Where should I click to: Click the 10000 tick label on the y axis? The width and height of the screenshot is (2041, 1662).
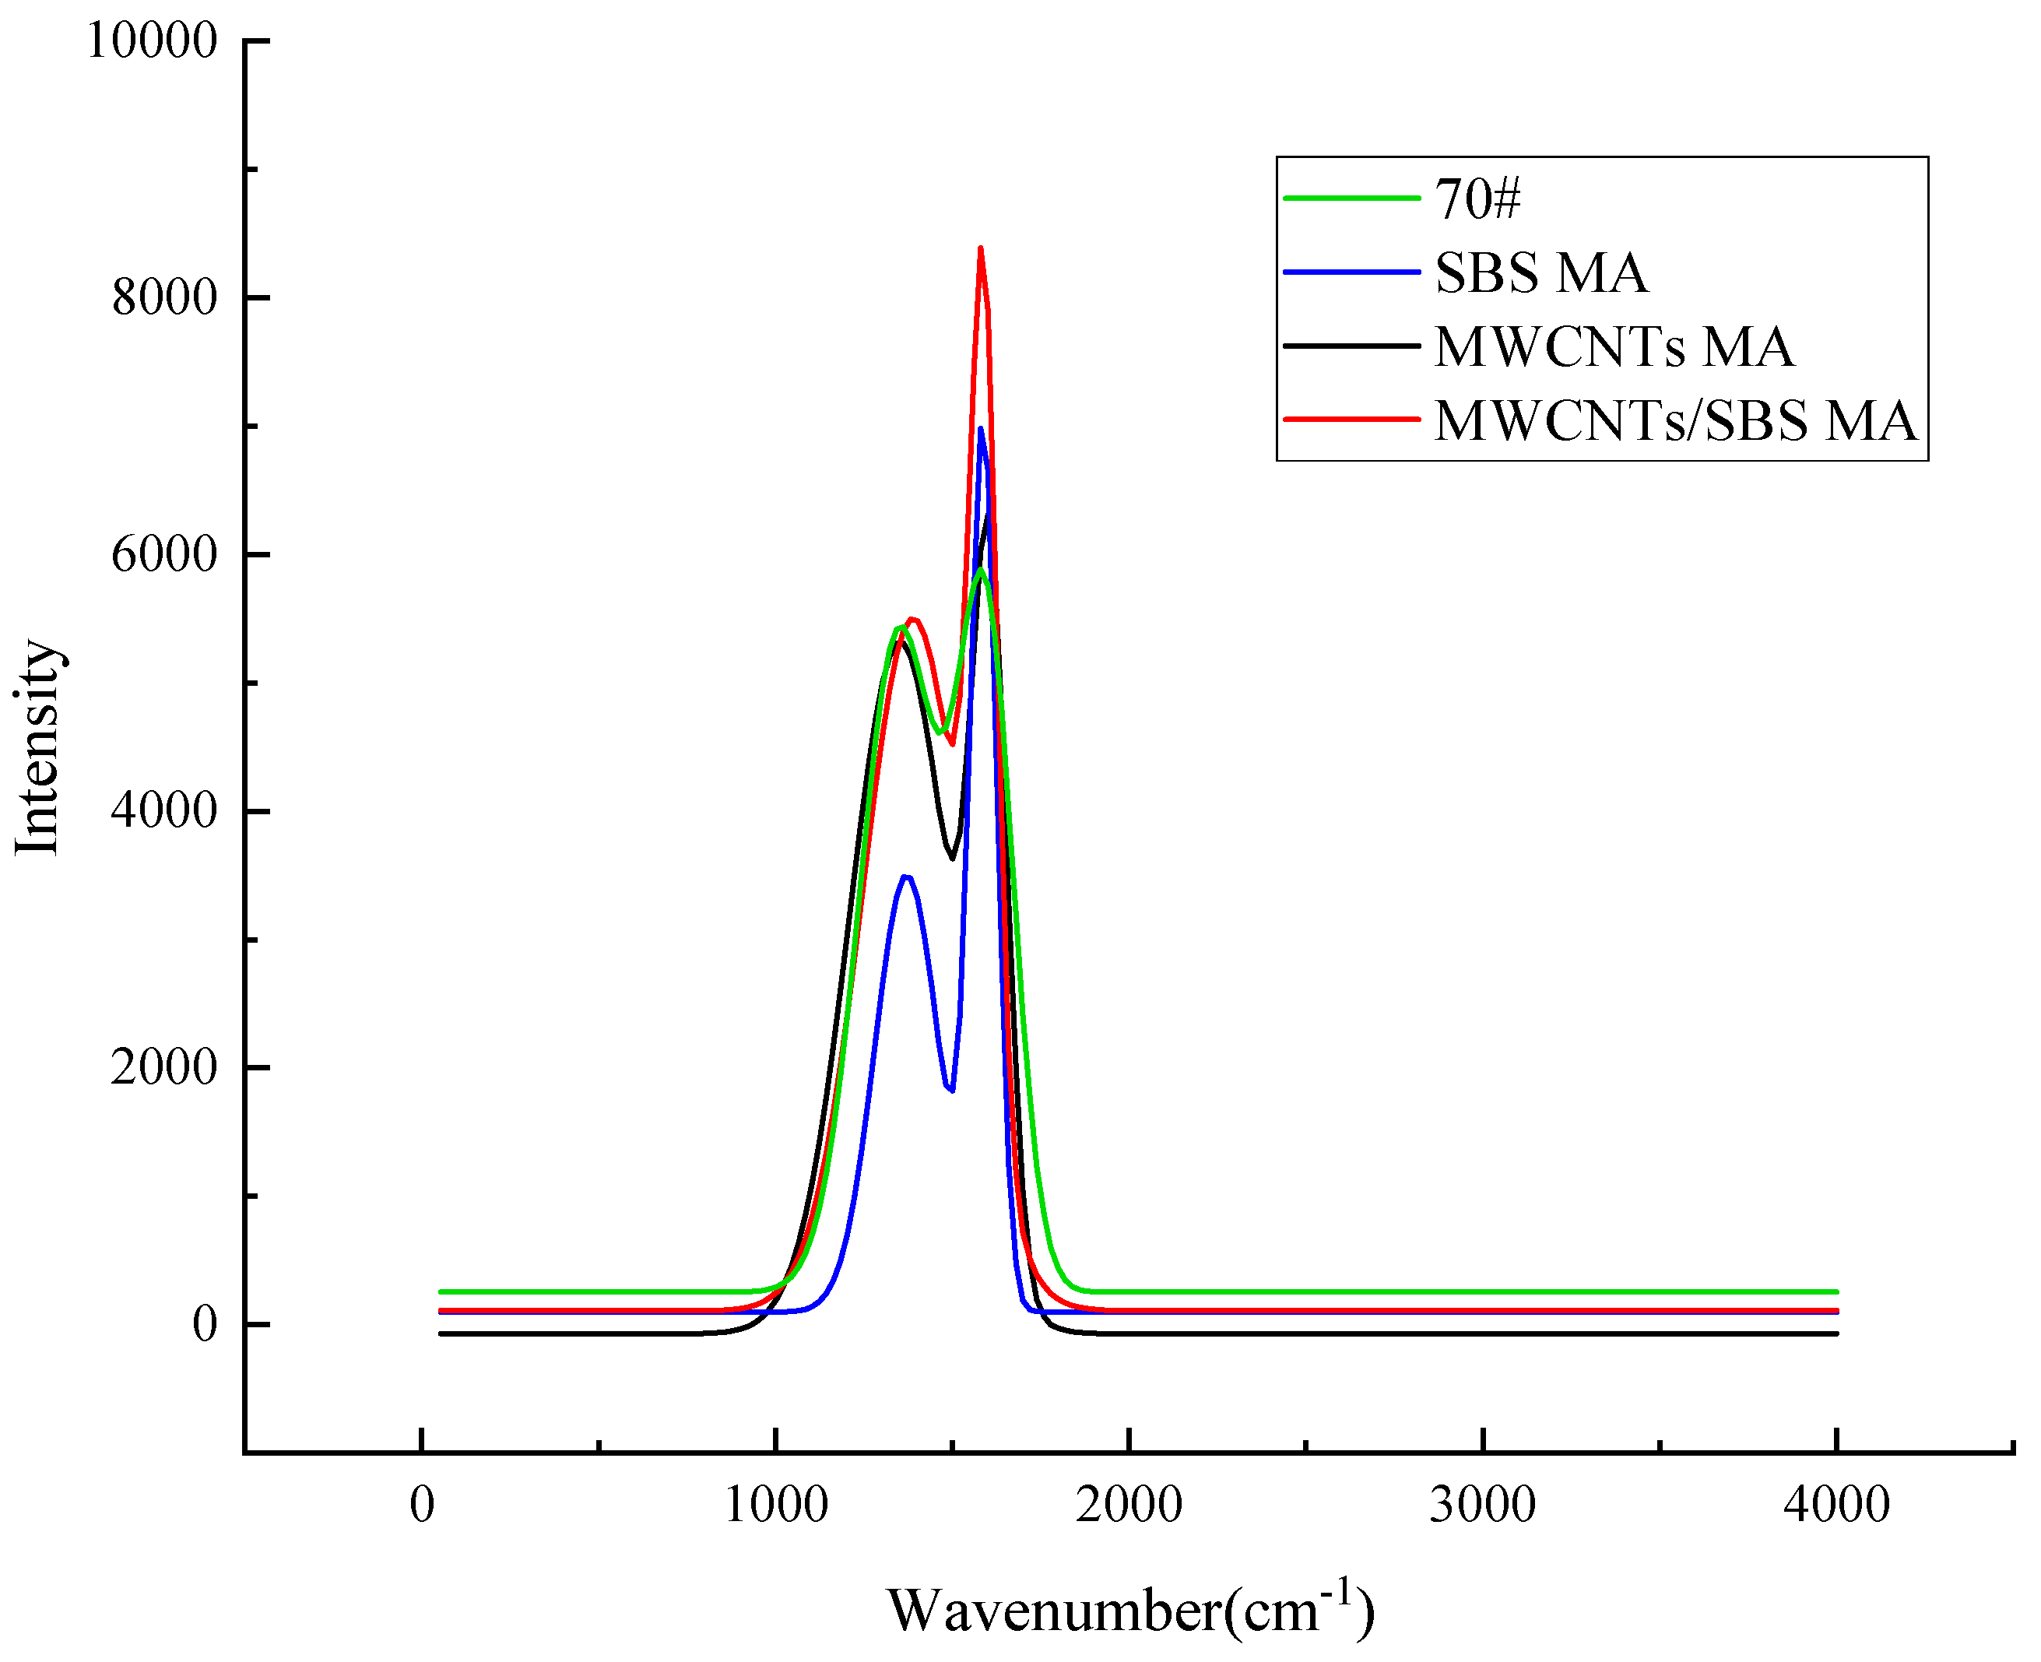point(151,41)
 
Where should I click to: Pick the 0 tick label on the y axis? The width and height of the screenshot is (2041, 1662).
point(204,1324)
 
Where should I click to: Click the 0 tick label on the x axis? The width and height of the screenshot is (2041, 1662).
point(421,1505)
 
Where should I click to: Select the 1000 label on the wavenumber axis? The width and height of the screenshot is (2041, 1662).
point(775,1505)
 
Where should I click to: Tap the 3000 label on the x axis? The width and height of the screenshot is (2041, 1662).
point(1482,1505)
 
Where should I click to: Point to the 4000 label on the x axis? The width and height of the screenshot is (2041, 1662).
point(1836,1505)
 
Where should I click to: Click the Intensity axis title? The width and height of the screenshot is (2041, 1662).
point(38,747)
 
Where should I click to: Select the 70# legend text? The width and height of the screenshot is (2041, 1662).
point(1477,199)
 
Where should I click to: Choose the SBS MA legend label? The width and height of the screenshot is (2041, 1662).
point(1541,273)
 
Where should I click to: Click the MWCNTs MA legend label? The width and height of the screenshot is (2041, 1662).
point(1614,346)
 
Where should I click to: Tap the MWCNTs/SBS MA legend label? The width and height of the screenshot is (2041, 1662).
point(1675,420)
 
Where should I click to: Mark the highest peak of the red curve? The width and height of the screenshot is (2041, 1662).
point(980,249)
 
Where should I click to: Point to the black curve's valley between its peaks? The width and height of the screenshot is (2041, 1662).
point(951,858)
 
